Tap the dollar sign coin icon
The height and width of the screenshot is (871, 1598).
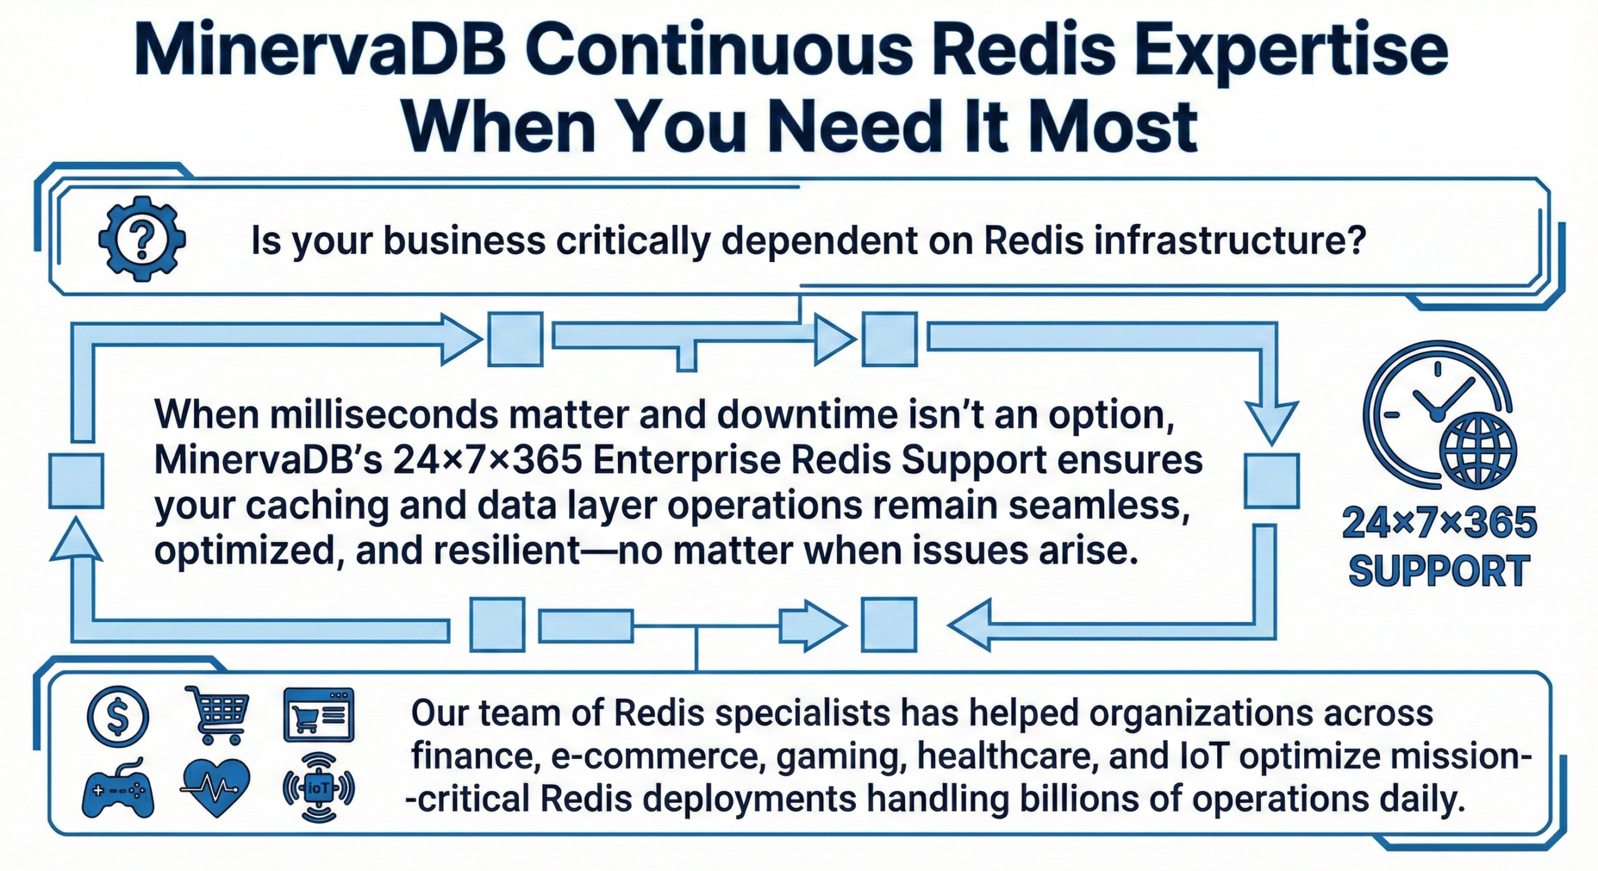pyautogui.click(x=118, y=716)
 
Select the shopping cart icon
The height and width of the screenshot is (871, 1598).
pyautogui.click(x=218, y=714)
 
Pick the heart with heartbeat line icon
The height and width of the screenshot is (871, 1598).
pyautogui.click(x=216, y=788)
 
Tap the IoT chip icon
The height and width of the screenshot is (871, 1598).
pyautogui.click(x=318, y=788)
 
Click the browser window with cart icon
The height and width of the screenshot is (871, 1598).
pyautogui.click(x=318, y=715)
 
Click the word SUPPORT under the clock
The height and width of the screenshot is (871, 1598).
pyautogui.click(x=1439, y=571)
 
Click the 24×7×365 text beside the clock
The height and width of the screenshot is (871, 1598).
pyautogui.click(x=1439, y=523)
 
